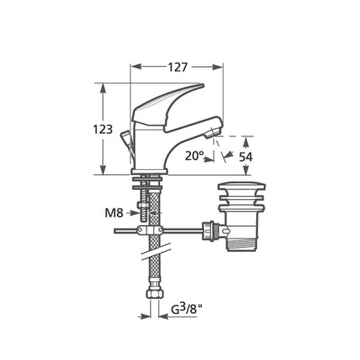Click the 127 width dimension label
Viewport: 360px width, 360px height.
click(x=177, y=67)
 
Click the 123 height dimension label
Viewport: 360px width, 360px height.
click(x=103, y=129)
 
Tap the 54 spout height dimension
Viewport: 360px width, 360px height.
click(x=245, y=157)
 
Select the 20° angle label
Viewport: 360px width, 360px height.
click(x=194, y=156)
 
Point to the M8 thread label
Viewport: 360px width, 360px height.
click(x=114, y=213)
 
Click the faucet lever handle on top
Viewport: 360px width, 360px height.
click(x=168, y=107)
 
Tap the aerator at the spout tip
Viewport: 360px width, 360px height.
click(x=210, y=133)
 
